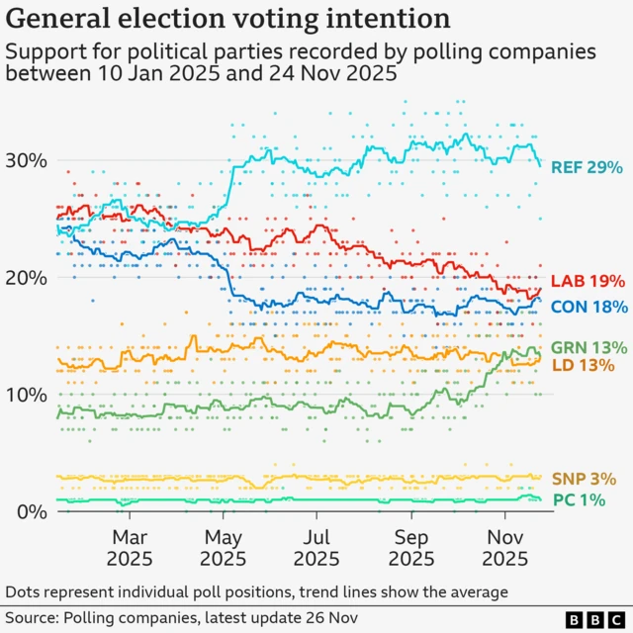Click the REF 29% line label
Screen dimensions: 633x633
[588, 167]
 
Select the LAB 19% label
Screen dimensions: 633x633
[588, 281]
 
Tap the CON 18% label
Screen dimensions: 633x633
[588, 307]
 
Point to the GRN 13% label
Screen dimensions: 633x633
[588, 347]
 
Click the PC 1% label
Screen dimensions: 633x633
[578, 500]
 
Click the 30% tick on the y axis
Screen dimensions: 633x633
[28, 160]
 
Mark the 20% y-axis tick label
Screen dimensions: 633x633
[28, 277]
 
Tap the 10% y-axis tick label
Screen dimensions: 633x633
[28, 395]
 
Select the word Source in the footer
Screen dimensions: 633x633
[32, 618]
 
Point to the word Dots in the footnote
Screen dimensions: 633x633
[24, 591]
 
